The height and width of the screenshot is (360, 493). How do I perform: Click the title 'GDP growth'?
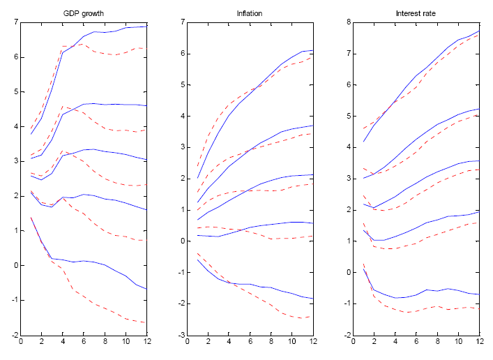click(84, 13)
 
